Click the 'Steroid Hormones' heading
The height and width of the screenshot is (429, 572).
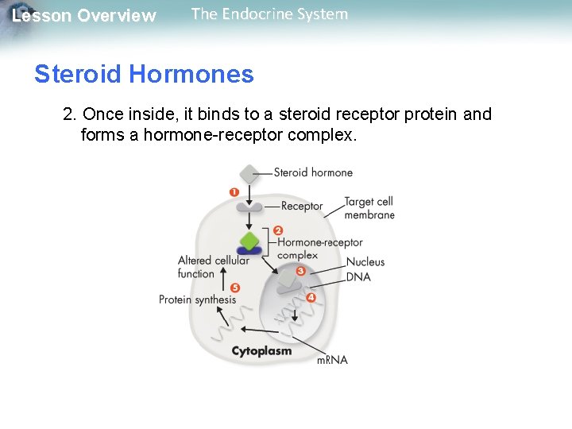[144, 75]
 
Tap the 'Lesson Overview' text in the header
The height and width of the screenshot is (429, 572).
[83, 16]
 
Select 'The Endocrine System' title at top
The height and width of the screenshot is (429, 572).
[269, 14]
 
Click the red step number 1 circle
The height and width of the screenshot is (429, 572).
[234, 192]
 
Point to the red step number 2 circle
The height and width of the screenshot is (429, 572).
[278, 230]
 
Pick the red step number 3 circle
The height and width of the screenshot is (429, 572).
[300, 271]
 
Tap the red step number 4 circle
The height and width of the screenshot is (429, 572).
[311, 297]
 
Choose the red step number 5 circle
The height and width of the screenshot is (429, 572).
[234, 288]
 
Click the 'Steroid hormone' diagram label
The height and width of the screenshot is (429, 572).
[313, 172]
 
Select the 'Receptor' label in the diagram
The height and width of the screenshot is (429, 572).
[302, 207]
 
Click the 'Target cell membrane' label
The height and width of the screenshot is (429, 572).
[369, 208]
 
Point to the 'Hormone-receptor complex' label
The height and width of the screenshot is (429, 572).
[319, 249]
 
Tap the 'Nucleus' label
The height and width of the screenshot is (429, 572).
[365, 262]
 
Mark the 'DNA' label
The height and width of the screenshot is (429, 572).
[358, 276]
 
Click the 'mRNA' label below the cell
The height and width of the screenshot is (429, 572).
[332, 360]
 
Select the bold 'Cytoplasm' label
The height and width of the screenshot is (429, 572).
[261, 350]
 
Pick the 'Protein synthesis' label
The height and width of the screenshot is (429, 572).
[197, 300]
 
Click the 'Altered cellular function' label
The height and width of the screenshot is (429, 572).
[213, 267]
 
